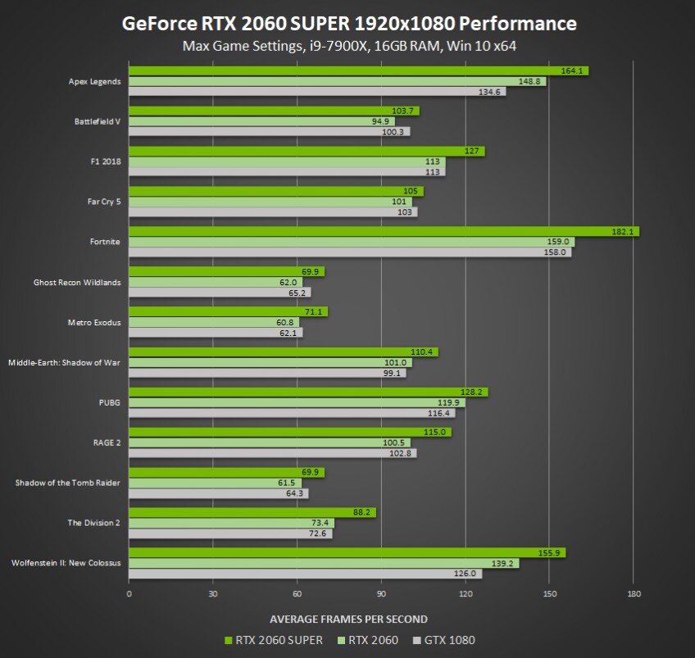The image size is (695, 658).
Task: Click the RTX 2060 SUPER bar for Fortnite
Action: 384,232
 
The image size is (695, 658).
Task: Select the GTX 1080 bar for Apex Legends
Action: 317,92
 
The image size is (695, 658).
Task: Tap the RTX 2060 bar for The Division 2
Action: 231,523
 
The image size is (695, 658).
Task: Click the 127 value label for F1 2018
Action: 471,152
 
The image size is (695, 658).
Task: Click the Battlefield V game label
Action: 98,121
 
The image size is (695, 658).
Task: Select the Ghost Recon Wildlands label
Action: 77,283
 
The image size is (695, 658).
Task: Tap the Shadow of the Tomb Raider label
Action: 68,483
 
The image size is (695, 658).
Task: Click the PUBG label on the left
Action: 109,402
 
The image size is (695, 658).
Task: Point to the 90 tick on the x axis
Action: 381,592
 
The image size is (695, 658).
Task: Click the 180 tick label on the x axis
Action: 634,592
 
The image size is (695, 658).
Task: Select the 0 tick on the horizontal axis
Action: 129,592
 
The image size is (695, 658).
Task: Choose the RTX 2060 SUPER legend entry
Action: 273,640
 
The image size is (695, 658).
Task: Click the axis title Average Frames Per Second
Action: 348,619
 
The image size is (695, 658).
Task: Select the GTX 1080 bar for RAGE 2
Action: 272,452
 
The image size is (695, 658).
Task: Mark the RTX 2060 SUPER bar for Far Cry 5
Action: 276,192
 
